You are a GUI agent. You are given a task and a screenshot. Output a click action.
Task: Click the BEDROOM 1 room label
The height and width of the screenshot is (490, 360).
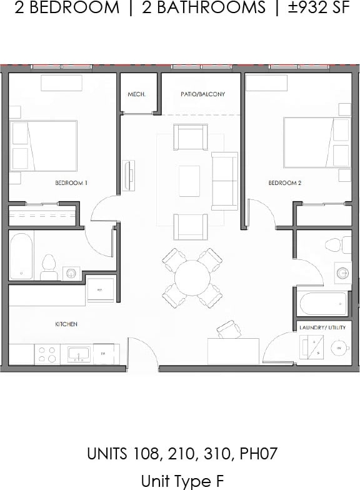click(71, 183)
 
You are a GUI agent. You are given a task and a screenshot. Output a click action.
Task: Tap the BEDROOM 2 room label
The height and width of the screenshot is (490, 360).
click(285, 183)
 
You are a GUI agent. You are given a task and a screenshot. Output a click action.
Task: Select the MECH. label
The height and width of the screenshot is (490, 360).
click(136, 94)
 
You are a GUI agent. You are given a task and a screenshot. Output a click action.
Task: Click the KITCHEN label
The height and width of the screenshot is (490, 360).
click(66, 324)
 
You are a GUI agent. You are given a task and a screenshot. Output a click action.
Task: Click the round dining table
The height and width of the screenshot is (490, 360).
click(192, 277)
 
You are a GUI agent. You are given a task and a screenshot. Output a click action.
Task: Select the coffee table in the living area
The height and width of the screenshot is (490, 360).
click(189, 181)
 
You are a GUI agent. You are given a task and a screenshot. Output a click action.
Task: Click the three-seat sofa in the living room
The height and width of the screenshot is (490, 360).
click(224, 181)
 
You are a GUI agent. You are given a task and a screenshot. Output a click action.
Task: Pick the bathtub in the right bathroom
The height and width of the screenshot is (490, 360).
click(323, 305)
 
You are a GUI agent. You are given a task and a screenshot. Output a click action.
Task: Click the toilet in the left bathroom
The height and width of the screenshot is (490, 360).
click(48, 267)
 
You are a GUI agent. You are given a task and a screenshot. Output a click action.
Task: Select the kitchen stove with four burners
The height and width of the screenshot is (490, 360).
click(47, 354)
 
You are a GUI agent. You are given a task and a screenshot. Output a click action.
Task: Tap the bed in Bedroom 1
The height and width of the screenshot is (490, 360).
click(44, 146)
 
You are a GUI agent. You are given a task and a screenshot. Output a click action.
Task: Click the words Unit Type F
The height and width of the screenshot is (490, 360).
click(181, 481)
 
